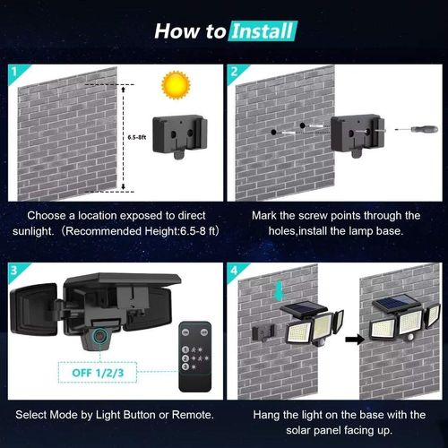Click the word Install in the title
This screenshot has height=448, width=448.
261,31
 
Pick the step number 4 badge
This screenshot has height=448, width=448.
233,268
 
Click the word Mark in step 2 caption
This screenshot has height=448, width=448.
267,215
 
